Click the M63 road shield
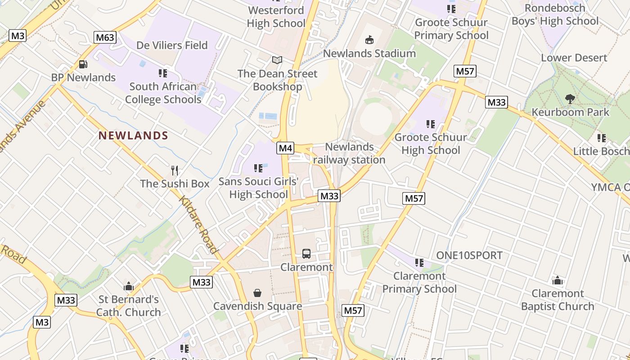click(x=105, y=37)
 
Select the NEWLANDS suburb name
click(x=133, y=135)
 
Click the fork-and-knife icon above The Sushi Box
click(x=175, y=170)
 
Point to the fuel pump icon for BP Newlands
click(x=83, y=64)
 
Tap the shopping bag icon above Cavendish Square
click(x=257, y=293)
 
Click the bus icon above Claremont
click(x=306, y=254)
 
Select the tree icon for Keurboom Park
click(x=570, y=99)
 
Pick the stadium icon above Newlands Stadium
click(x=369, y=40)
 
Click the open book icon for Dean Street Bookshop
click(x=277, y=60)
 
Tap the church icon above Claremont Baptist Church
click(x=558, y=280)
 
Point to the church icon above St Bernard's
click(x=129, y=286)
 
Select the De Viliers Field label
click(x=172, y=45)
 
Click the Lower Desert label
click(x=574, y=58)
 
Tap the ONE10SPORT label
click(x=469, y=256)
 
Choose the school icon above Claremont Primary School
click(x=419, y=262)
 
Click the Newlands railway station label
click(x=349, y=153)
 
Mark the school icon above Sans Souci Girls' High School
click(x=258, y=168)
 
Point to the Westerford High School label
click(x=276, y=17)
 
